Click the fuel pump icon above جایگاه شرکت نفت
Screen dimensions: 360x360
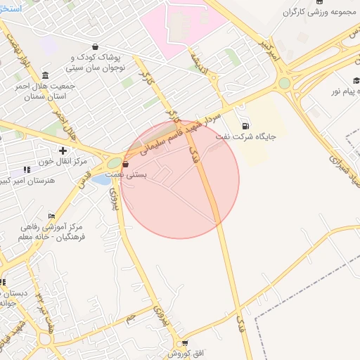coord(245,126)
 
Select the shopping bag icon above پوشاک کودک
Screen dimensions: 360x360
coord(94,47)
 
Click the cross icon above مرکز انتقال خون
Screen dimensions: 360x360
coord(63,150)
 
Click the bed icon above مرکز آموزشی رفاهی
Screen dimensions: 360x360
coord(51,216)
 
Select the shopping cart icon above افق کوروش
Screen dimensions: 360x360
coord(184,343)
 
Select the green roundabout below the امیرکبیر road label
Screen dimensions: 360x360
coord(284,83)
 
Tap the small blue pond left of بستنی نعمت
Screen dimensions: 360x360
coord(101,180)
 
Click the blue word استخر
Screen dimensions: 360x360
coord(10,9)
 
